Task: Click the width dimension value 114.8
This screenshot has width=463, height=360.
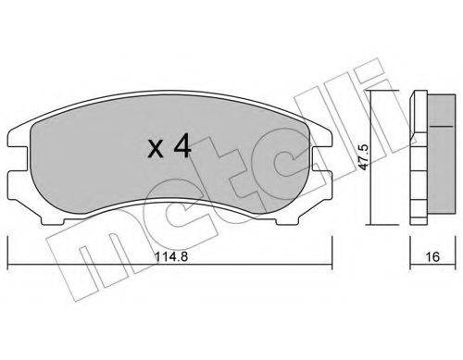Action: pos(171,256)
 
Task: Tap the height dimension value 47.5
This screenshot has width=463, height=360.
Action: pos(365,157)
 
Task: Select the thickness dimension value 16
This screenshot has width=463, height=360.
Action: pos(432,256)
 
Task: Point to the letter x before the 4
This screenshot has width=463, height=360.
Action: pos(156,149)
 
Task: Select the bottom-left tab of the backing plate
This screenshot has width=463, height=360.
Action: pos(53,219)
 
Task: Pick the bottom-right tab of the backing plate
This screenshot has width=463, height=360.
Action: pos(287,219)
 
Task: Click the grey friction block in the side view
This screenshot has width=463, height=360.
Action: pos(441,154)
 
